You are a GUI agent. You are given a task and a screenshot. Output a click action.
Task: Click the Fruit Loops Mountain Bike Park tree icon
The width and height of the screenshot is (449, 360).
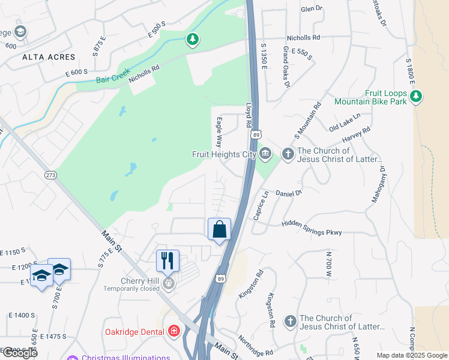point(416,95)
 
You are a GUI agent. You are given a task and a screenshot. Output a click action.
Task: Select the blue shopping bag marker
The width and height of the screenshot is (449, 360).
point(219,230)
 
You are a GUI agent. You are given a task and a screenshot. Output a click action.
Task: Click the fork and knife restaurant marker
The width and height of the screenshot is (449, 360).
point(167,260)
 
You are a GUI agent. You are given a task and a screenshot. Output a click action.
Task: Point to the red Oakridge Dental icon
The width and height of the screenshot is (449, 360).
point(174,331)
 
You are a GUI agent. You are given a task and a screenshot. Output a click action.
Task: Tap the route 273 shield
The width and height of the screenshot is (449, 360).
point(50,175)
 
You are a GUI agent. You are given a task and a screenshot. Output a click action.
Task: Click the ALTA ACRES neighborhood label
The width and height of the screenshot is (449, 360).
point(49,57)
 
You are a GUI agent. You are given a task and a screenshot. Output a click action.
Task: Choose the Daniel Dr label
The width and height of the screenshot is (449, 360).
point(289,193)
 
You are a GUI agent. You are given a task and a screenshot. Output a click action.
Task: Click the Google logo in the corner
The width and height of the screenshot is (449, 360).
point(19,353)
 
